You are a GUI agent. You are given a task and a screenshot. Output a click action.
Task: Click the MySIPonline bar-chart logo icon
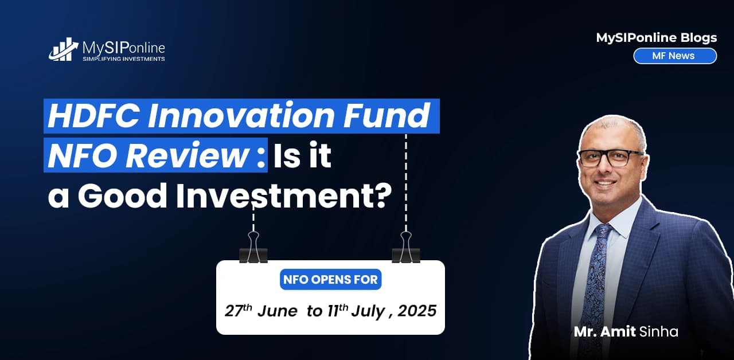[x=64, y=49]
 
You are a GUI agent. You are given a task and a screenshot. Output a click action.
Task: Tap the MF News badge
[x=674, y=56]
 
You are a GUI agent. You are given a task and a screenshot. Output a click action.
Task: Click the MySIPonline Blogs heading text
[x=656, y=38]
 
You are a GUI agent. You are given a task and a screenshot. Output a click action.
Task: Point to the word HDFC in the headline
[x=86, y=116]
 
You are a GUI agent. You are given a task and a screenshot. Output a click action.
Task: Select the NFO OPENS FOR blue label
[x=331, y=280]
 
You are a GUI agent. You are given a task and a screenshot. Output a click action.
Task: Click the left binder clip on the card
[x=253, y=248]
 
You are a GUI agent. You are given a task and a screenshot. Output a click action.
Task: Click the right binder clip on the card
[x=405, y=248]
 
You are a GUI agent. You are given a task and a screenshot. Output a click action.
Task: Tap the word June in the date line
[x=277, y=311]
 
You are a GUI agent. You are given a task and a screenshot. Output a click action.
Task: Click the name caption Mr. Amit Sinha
[x=626, y=331]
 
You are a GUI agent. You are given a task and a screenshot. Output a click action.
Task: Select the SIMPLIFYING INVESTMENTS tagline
[x=123, y=59]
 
